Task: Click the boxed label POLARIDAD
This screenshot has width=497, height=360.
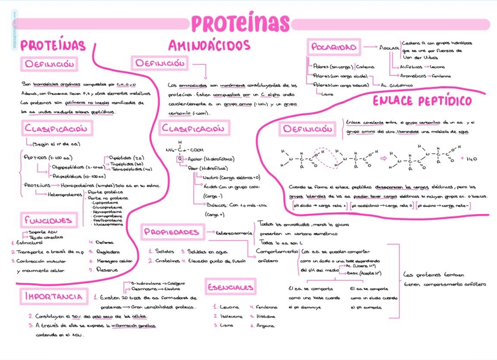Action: pos(333,47)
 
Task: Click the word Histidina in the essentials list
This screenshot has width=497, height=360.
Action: pos(267,316)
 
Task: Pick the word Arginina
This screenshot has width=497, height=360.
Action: pos(267,325)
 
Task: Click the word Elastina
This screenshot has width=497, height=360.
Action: pos(171,289)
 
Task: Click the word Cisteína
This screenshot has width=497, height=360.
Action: pos(366,67)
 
